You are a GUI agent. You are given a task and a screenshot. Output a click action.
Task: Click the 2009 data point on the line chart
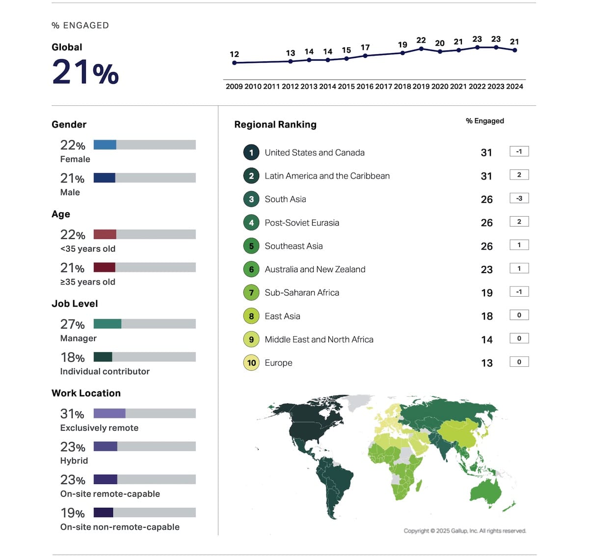point(235,63)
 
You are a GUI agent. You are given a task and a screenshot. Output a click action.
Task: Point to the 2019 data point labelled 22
point(421,49)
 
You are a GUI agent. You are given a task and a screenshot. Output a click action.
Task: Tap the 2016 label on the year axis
point(365,86)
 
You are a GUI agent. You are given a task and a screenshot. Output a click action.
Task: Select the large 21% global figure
point(85,72)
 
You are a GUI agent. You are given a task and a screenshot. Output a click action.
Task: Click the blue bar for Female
point(105,145)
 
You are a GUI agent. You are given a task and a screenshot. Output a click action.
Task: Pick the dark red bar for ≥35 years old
point(104,267)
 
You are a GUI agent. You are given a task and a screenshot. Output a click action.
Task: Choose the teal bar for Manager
point(107,324)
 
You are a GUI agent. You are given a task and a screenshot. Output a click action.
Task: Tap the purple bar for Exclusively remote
point(109,413)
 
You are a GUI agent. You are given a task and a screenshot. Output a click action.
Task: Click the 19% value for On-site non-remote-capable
point(73,513)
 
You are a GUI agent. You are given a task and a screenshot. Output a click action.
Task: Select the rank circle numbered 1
point(251,152)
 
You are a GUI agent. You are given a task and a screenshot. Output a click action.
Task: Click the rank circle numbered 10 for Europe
point(251,363)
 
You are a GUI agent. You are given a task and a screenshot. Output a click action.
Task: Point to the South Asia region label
point(285,199)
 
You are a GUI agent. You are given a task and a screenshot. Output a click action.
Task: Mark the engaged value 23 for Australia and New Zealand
point(486,269)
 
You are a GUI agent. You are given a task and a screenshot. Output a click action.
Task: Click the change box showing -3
point(519,198)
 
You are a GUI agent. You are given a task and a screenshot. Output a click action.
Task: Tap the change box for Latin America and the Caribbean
point(519,175)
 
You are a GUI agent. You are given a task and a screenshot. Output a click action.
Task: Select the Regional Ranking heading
point(275,125)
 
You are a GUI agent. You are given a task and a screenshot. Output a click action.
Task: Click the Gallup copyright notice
point(464,531)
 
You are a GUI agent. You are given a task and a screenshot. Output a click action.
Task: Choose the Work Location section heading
point(86,393)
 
